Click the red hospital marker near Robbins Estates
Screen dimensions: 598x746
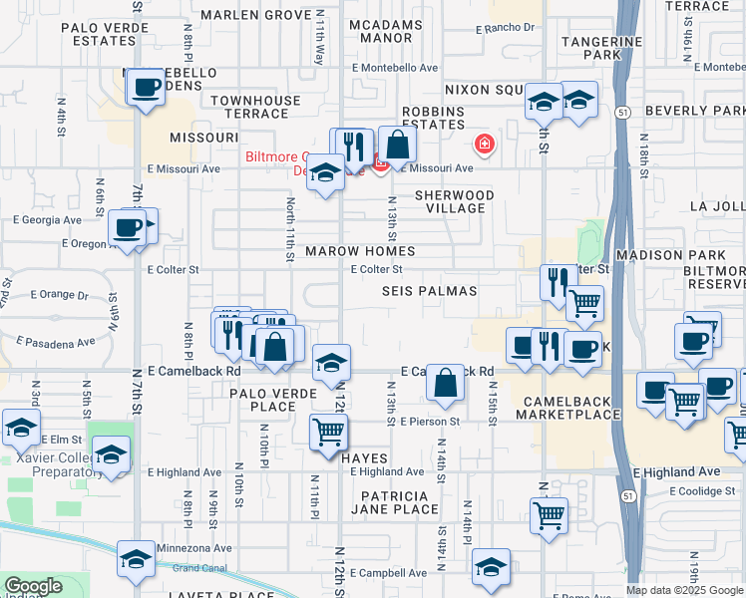point(485,145)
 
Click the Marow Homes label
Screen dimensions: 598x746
point(360,251)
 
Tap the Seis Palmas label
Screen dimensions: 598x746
point(430,291)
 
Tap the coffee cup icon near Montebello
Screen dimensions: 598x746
point(146,87)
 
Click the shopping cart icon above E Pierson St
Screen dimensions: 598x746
point(328,432)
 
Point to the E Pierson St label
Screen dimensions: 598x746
point(432,422)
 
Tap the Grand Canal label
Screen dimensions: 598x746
point(199,568)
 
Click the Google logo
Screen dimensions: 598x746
point(33,586)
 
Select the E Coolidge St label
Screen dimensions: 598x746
point(702,490)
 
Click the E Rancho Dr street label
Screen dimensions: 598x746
point(512,27)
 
